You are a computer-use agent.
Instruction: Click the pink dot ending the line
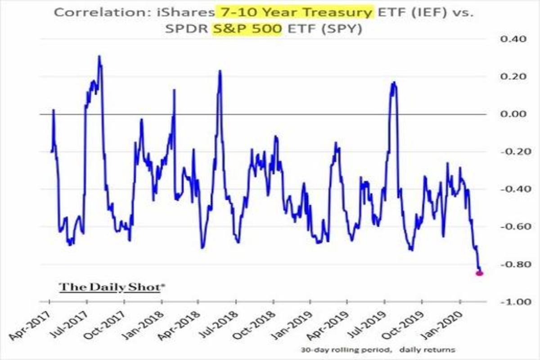pyautogui.click(x=479, y=273)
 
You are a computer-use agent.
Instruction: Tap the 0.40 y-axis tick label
pyautogui.click(x=513, y=39)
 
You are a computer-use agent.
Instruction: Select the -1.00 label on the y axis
pyautogui.click(x=512, y=301)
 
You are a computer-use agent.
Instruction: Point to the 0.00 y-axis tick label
pyautogui.click(x=513, y=114)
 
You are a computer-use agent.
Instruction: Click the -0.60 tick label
pyautogui.click(x=512, y=226)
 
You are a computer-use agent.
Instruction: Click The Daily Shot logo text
pyautogui.click(x=110, y=287)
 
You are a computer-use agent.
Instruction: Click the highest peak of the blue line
pyautogui.click(x=99, y=57)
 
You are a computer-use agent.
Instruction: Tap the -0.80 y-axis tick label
pyautogui.click(x=512, y=264)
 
